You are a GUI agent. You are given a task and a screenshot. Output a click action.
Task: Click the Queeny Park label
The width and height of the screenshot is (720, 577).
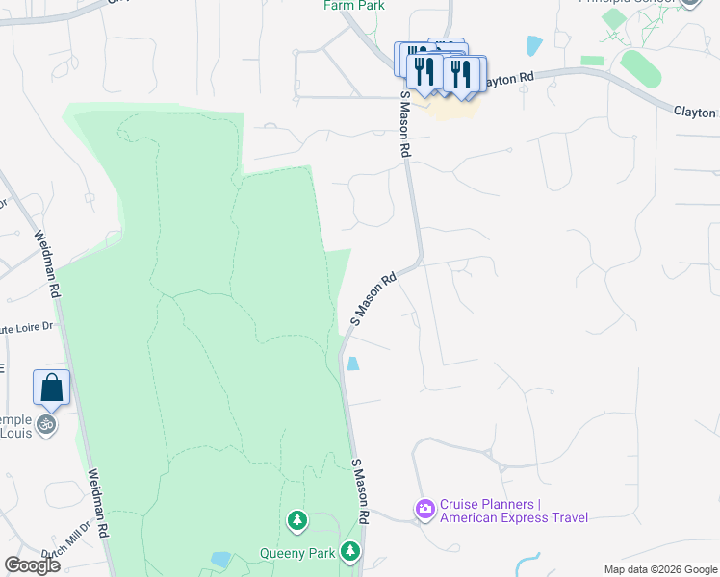coord(296,553)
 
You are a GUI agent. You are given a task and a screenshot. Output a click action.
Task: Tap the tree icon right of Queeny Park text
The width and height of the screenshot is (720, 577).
coord(352,552)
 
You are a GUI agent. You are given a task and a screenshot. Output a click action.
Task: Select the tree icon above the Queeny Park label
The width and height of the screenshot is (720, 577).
coord(297,521)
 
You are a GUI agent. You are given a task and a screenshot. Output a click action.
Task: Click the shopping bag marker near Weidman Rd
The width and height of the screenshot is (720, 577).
coord(52,388)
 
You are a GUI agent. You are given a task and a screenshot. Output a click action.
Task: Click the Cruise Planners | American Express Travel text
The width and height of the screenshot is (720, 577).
coord(514,512)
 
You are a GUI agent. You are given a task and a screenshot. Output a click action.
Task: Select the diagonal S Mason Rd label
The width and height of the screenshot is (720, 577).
coord(373,299)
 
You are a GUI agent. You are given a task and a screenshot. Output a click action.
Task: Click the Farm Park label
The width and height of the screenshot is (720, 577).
coord(354,5)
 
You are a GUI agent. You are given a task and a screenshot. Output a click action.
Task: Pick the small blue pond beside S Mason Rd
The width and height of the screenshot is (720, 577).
coord(353,364)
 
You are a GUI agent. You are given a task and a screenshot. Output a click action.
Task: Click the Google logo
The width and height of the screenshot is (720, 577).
coord(32,565)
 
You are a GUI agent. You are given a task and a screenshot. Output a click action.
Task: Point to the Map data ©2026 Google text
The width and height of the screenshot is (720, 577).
coord(659,569)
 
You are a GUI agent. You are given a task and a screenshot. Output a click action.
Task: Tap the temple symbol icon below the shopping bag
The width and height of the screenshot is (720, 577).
coord(46,423)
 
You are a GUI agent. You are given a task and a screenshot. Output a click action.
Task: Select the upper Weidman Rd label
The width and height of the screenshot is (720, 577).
coord(47,263)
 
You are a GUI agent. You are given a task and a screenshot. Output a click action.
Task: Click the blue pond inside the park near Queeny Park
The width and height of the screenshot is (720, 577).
coord(220,559)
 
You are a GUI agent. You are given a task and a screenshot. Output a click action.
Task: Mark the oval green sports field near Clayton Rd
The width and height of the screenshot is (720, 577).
coord(640,69)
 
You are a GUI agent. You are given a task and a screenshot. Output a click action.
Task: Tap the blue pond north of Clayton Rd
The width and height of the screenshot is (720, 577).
coord(534,44)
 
